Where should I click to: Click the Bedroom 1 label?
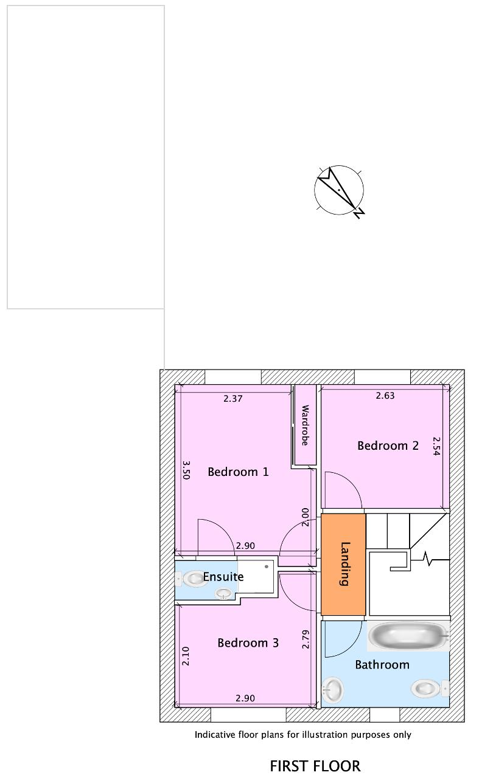coord(238,472)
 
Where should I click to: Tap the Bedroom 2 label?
coord(388,446)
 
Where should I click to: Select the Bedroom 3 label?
coord(248,643)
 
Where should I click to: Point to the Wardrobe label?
coord(305,425)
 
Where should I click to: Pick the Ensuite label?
coord(223,577)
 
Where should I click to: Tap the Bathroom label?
coord(382,665)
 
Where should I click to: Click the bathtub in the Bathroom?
coord(408,636)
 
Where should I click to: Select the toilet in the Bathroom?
coord(430,688)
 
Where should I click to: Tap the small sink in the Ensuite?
coord(223,593)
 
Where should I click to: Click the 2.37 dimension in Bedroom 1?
coord(233,399)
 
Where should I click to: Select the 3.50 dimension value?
coord(186,470)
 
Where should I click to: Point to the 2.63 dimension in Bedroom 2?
coord(385,396)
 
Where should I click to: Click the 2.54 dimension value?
coord(436,446)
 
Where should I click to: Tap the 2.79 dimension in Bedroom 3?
coord(306,639)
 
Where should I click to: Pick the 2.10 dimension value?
coord(186,656)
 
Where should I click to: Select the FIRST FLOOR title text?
coord(315,766)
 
